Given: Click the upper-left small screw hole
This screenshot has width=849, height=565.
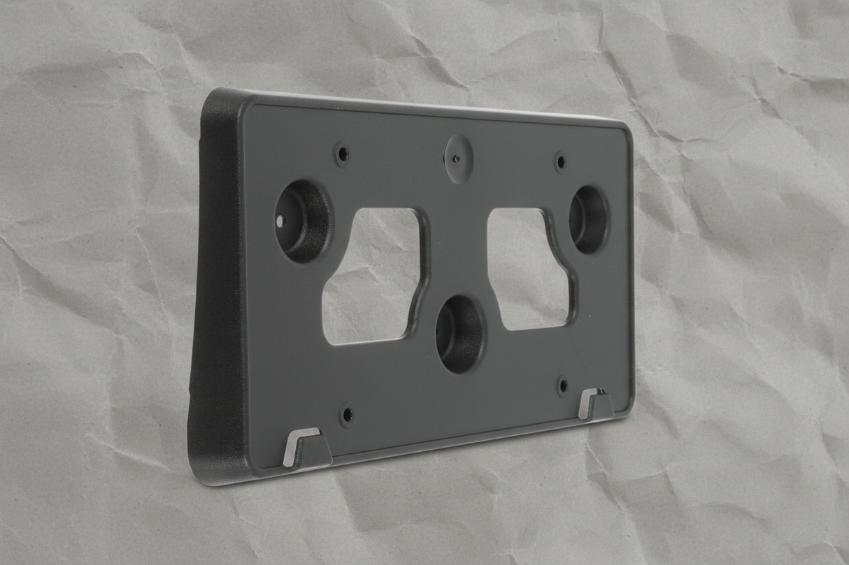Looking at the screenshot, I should (x=342, y=154).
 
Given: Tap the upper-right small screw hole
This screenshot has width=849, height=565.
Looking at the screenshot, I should (x=560, y=162).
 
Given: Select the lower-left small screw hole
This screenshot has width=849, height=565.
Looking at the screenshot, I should (x=347, y=414).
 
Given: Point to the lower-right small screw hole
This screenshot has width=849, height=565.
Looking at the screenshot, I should (x=563, y=386).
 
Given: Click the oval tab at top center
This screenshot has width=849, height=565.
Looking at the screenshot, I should (x=458, y=159).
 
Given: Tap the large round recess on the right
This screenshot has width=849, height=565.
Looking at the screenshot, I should (x=588, y=219).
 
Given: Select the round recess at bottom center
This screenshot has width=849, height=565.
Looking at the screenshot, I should (x=459, y=333).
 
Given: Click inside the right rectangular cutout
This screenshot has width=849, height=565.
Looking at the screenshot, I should (x=526, y=269).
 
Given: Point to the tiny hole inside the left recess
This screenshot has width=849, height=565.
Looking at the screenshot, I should (x=281, y=221).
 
